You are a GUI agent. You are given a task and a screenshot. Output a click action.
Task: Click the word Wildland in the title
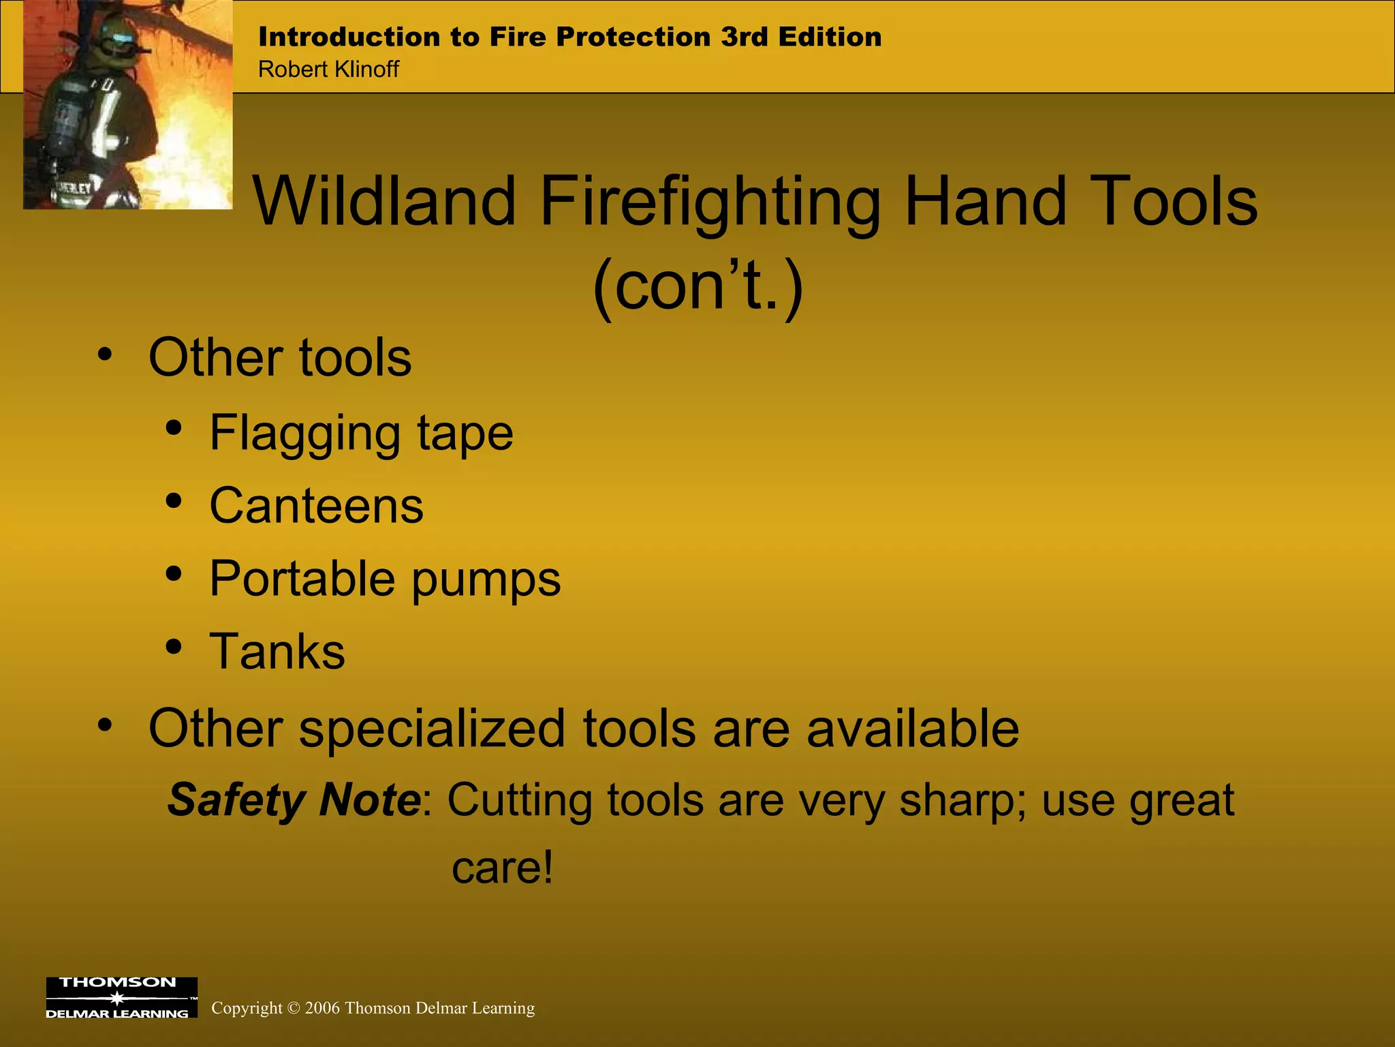click(385, 201)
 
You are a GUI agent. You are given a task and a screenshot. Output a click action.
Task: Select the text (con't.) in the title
click(698, 286)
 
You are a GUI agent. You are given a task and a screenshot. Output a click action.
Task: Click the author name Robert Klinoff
click(328, 70)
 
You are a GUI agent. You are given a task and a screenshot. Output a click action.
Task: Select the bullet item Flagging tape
click(361, 433)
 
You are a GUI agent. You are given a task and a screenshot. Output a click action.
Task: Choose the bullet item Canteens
click(316, 506)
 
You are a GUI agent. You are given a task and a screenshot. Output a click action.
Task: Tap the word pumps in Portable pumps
click(486, 579)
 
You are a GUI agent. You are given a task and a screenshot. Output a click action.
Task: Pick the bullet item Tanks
click(277, 652)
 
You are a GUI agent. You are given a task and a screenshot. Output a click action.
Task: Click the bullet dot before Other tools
click(104, 355)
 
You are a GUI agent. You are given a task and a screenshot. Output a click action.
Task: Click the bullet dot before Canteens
click(174, 502)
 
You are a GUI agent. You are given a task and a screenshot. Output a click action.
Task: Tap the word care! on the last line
click(503, 868)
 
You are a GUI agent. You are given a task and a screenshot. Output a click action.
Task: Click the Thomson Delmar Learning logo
click(121, 998)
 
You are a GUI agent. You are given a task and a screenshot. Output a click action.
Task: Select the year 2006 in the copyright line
click(322, 1008)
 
